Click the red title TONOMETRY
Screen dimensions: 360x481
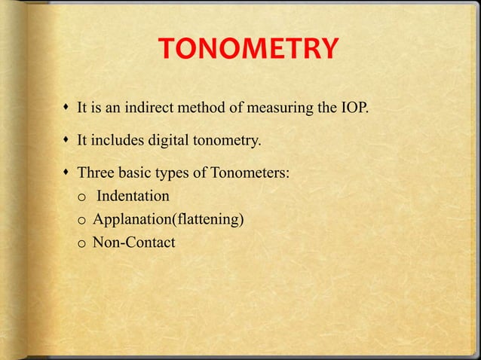coord(248,52)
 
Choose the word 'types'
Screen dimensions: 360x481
coord(175,174)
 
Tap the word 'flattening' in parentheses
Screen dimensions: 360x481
coord(206,219)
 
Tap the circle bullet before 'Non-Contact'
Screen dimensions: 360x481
coord(81,243)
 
